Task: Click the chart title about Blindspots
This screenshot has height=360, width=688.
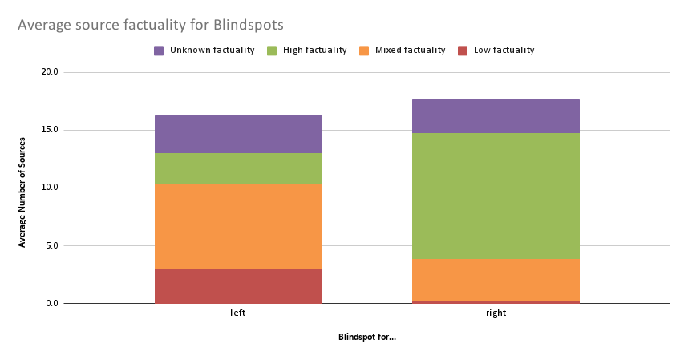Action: pos(150,26)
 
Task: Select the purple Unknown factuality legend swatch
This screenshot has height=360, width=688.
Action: pos(159,51)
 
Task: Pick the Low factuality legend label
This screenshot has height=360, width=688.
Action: pos(504,51)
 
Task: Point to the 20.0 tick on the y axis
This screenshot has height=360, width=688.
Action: pos(50,72)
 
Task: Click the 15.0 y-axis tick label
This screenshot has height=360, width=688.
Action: pos(50,130)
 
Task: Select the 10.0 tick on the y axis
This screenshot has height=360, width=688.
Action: pos(50,188)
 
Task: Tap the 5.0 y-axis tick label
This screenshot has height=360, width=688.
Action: pos(51,245)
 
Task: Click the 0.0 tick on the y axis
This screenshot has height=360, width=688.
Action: pos(51,303)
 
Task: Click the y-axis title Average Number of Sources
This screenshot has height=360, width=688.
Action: pos(23,188)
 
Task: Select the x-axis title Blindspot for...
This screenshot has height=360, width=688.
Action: pos(367,337)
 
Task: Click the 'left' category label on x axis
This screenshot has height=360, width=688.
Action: pos(238,313)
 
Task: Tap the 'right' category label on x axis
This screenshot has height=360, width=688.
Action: pos(496,313)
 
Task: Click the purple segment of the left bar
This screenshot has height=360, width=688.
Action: pos(238,134)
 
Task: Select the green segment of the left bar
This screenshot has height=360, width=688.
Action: pos(238,168)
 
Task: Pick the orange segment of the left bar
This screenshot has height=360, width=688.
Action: pos(238,227)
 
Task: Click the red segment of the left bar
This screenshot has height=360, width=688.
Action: pos(238,286)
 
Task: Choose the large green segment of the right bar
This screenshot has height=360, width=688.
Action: pos(496,196)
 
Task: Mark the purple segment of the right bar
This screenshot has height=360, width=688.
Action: pos(496,115)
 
